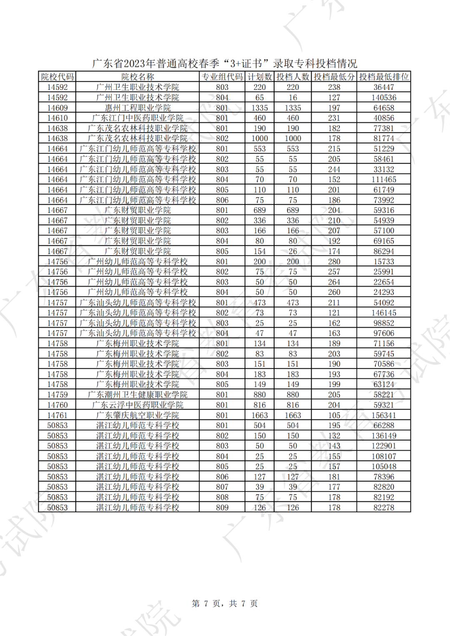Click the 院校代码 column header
point(57,77)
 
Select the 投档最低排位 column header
point(384,77)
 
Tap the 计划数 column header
point(260,77)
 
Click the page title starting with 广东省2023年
point(225,63)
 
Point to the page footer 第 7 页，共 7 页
point(225,603)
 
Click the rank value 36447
point(384,87)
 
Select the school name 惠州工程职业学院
point(137,108)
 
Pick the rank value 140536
point(384,98)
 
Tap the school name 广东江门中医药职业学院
point(137,118)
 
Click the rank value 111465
point(384,180)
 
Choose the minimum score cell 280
point(334,262)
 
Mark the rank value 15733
point(384,262)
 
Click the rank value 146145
point(384,313)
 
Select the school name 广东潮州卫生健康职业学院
point(137,395)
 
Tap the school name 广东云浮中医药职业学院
point(137,405)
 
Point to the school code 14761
point(57,415)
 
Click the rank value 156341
point(384,415)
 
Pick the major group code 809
point(222,508)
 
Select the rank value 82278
point(384,508)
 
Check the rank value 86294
point(384,251)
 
